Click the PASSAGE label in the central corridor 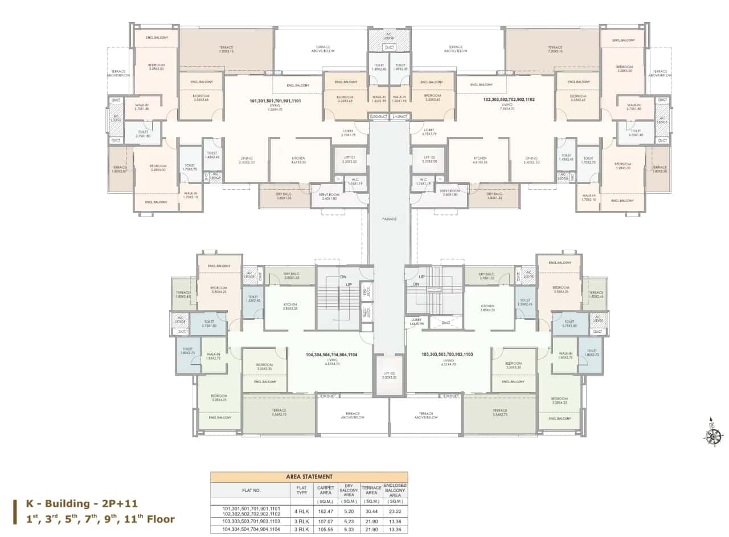[389, 219]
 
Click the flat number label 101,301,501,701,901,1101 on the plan [275, 101]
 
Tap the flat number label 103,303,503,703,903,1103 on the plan [447, 355]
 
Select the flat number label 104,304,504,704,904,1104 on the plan [331, 355]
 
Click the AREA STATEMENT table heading [309, 477]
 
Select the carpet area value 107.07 [325, 520]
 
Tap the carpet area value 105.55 [325, 530]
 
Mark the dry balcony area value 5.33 [349, 530]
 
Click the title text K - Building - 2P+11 [82, 504]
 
